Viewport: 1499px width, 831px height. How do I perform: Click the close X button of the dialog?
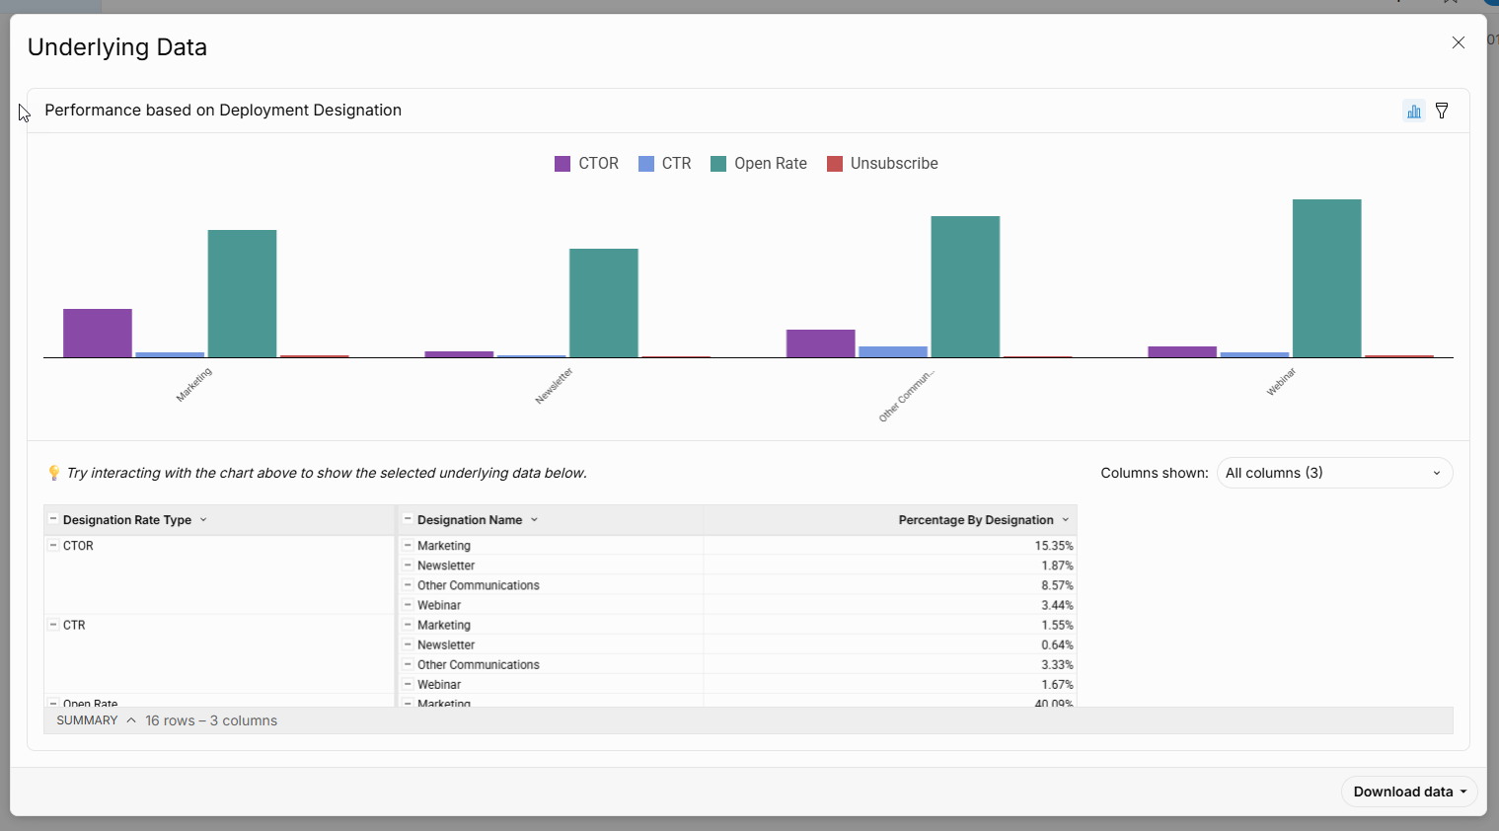pos(1458,42)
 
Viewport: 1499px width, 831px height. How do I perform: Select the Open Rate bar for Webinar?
pos(1326,278)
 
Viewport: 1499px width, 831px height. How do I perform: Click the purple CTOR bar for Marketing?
pos(98,333)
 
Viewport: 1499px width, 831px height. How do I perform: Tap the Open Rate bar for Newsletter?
pos(603,303)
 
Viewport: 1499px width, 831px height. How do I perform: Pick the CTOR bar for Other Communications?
pos(820,343)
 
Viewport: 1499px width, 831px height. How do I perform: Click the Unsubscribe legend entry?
pos(882,164)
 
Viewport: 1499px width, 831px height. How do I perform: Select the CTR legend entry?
pos(665,164)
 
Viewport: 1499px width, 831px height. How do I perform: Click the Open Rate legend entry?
pos(759,164)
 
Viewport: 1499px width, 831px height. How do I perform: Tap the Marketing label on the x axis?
pos(194,384)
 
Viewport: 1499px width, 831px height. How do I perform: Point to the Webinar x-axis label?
pos(1281,382)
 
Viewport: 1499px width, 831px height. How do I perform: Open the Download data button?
pos(1409,792)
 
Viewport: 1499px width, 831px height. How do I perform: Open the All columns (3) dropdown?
pos(1333,473)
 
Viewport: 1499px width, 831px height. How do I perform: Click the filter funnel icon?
pos(1442,111)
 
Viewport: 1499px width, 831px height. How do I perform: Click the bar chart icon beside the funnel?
pos(1414,111)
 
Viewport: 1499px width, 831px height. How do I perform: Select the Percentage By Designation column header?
pos(975,520)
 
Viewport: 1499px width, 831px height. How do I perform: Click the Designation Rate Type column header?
pos(127,520)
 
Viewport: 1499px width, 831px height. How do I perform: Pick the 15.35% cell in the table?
pos(1053,546)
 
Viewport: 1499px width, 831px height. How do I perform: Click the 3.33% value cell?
pos(1056,664)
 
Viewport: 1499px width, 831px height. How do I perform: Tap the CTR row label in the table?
pos(74,625)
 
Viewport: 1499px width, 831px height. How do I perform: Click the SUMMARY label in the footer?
pos(87,720)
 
